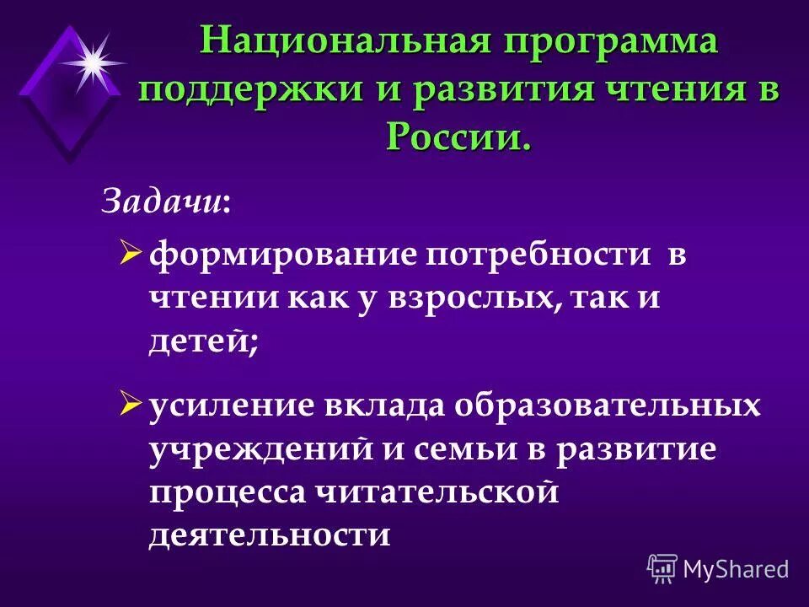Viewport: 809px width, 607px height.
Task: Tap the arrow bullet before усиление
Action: pyautogui.click(x=131, y=404)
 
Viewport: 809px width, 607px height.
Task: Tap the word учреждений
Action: pyautogui.click(x=260, y=449)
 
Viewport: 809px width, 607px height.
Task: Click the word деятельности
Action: pyautogui.click(x=270, y=535)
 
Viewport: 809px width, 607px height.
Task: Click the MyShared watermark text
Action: pyautogui.click(x=736, y=569)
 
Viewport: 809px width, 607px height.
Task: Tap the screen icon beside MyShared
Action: pyautogui.click(x=662, y=569)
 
